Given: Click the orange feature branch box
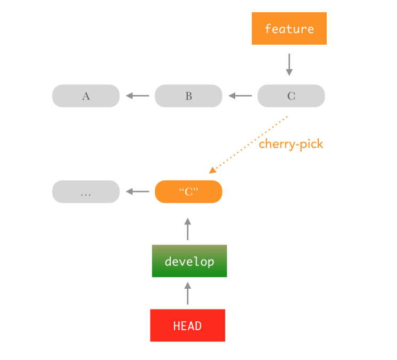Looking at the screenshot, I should click(289, 29).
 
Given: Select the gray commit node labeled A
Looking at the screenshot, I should click(86, 96).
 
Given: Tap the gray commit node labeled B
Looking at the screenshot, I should click(188, 96).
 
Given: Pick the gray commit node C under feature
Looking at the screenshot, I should click(291, 96).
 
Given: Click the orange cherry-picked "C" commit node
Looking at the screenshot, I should click(188, 192).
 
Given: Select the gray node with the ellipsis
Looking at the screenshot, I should click(86, 192).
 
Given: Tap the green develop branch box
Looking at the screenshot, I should click(189, 261).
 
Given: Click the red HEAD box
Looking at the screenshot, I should click(187, 325).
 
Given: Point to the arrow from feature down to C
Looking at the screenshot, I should click(289, 64).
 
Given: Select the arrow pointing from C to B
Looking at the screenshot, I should click(240, 96).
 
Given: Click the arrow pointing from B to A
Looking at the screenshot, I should click(137, 96).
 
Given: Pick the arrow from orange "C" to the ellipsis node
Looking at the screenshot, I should click(137, 192).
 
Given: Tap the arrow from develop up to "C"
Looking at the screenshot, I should click(187, 229).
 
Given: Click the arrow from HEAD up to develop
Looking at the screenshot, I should click(187, 293).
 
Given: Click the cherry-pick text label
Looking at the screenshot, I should click(291, 144).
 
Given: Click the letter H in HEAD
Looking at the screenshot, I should click(177, 326).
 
